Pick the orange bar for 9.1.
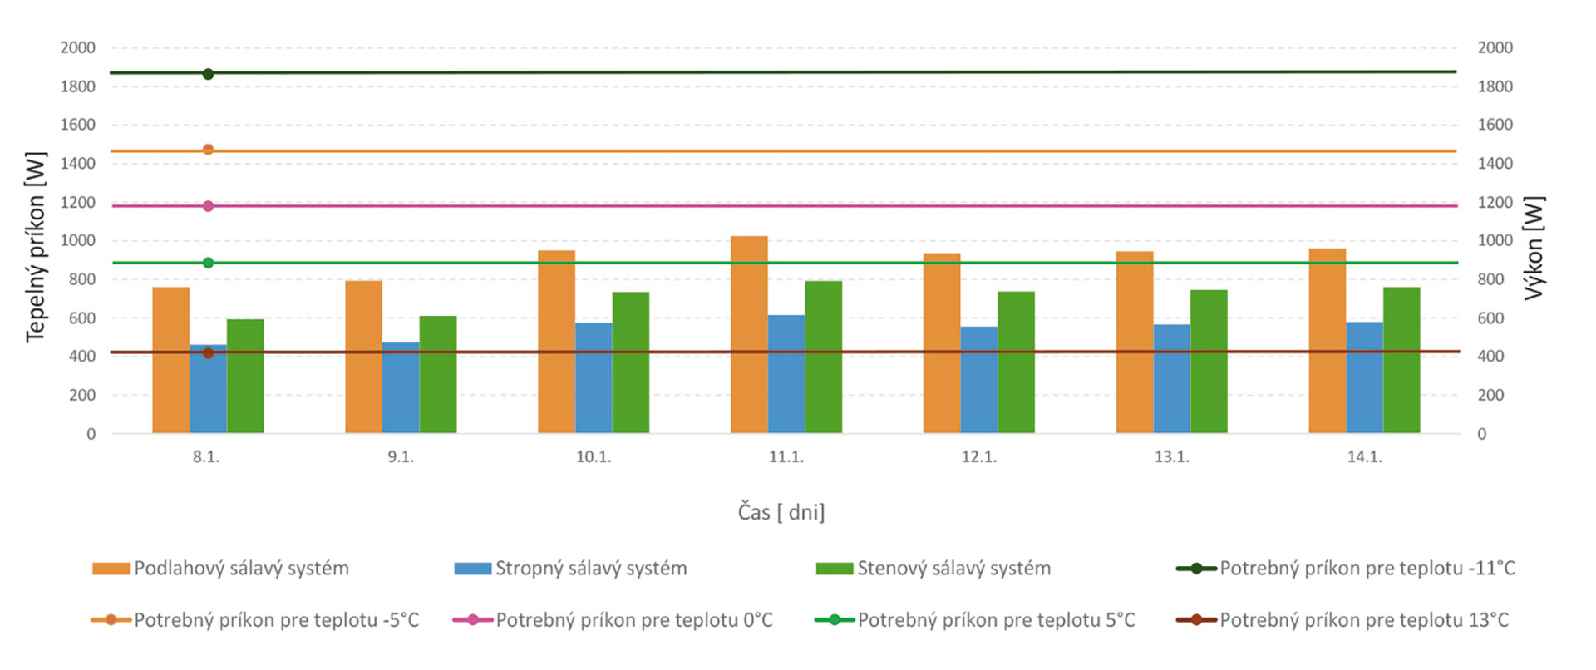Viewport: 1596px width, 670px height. [x=363, y=357]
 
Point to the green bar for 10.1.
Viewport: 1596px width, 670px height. [x=630, y=362]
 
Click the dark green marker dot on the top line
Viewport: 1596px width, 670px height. [x=208, y=74]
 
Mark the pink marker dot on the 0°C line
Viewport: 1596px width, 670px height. [x=208, y=206]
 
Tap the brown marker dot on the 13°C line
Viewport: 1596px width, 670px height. [x=208, y=353]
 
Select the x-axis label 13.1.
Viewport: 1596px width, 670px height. [x=1171, y=457]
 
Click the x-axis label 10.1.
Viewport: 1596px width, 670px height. [x=594, y=457]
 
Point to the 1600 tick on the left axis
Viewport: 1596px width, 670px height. [x=78, y=125]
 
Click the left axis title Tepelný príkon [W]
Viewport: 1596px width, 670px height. [x=36, y=247]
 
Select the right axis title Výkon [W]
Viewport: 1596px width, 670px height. [x=1534, y=247]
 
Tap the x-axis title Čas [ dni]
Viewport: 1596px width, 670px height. [x=781, y=512]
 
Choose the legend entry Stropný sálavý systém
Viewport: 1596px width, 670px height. [x=591, y=569]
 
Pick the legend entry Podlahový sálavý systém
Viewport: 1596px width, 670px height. [x=241, y=569]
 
